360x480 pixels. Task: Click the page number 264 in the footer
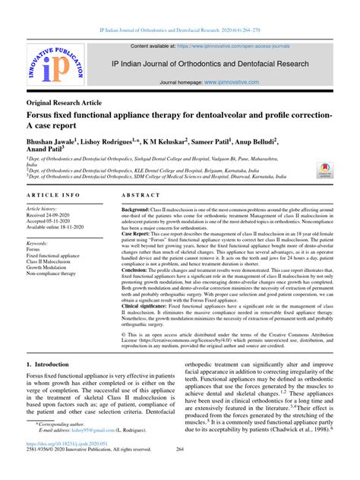tap(180, 472)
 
